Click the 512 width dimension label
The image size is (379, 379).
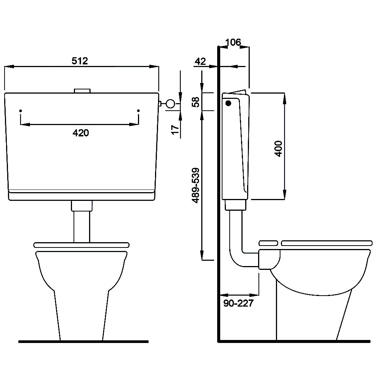80,61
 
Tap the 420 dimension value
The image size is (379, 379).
81,133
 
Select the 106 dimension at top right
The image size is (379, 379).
233,42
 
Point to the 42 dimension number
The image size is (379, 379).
200,61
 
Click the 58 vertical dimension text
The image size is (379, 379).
196,102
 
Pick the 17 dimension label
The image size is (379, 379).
175,130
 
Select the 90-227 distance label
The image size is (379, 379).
238,303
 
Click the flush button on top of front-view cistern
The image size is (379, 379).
82,91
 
